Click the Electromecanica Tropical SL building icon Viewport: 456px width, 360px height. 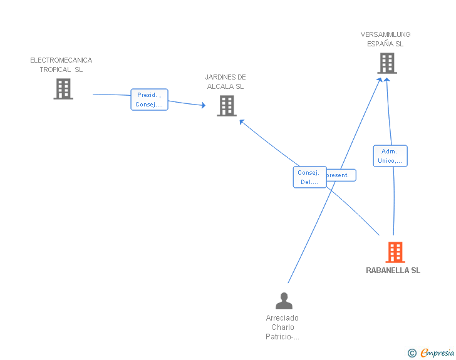click(x=63, y=89)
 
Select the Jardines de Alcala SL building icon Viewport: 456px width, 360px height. click(x=226, y=106)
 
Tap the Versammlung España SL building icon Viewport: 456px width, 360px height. click(x=386, y=63)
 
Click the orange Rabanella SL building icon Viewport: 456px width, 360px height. click(x=395, y=252)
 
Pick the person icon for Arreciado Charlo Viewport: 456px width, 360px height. click(x=284, y=301)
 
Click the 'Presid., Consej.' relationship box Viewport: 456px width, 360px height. click(x=149, y=100)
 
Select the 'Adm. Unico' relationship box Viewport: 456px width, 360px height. click(x=390, y=156)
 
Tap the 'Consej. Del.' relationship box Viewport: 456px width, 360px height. click(x=309, y=177)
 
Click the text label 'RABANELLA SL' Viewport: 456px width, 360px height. click(x=393, y=270)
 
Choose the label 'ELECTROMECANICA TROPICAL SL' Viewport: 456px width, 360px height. click(x=61, y=65)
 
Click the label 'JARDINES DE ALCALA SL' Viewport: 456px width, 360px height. click(x=225, y=82)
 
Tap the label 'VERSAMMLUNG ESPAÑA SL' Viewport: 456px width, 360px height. click(x=385, y=39)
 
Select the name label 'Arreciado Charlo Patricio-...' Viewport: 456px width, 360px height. click(x=282, y=327)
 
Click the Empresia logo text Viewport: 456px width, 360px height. click(x=437, y=353)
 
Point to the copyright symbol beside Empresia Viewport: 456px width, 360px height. click(x=412, y=353)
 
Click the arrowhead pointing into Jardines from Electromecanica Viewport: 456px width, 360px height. click(x=203, y=106)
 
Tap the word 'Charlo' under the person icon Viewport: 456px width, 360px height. click(x=282, y=327)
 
